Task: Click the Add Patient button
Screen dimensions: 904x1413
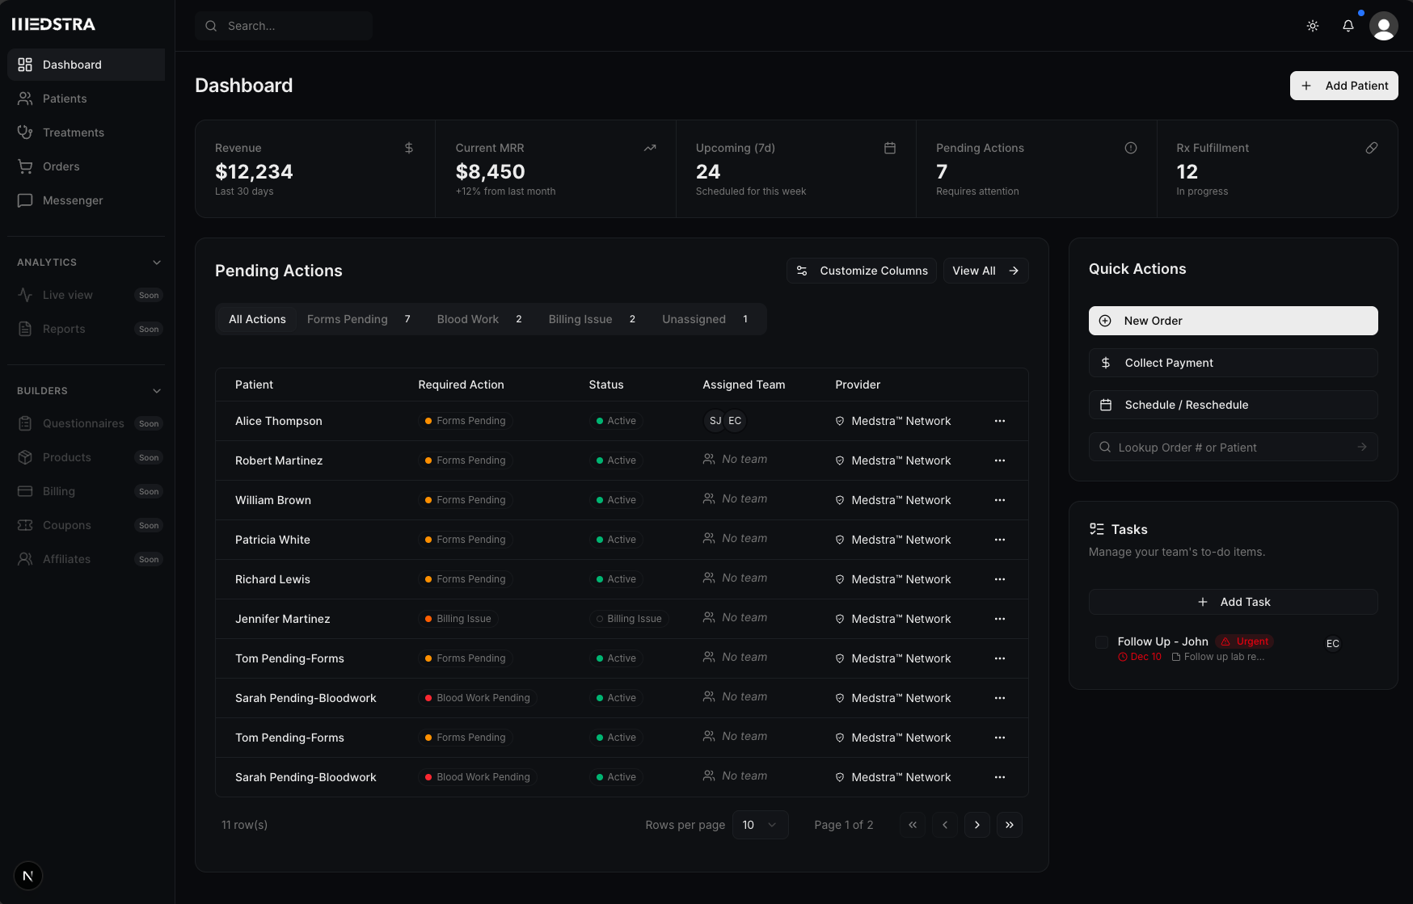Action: [1343, 86]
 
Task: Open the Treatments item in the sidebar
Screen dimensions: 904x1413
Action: [73, 132]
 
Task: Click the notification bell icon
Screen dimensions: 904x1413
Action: [1348, 26]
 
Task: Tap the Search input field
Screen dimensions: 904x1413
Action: [284, 26]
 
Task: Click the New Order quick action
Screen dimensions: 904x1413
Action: [1233, 321]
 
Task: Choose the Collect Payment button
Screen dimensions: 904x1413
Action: [1233, 363]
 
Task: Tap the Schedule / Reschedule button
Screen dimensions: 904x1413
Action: [1233, 405]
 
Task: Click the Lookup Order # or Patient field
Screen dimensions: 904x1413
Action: [1229, 448]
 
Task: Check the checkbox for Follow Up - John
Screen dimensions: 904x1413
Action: [1101, 642]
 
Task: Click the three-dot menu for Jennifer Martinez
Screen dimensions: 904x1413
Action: [1000, 619]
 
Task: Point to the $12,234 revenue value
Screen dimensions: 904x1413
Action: [254, 171]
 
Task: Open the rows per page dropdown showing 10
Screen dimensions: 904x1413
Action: [760, 825]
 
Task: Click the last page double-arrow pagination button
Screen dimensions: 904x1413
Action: [1009, 825]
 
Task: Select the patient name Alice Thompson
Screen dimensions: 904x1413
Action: [278, 421]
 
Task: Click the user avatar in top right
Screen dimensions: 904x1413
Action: [1383, 26]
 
